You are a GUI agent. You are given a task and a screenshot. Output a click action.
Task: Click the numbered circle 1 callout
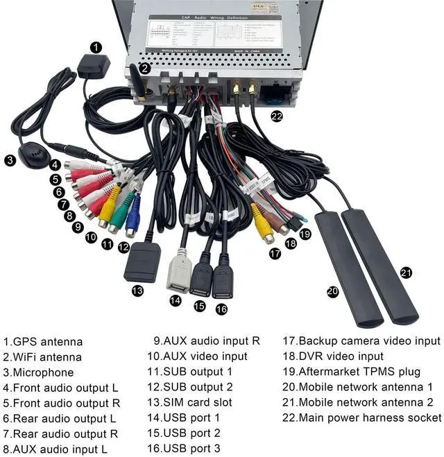[96, 48]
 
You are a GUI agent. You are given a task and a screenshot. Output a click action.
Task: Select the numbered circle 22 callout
[277, 117]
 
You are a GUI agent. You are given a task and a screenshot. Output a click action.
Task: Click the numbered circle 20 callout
[332, 292]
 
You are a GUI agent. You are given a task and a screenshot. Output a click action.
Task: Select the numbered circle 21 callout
[407, 272]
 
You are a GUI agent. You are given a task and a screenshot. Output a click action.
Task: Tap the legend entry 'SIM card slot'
[189, 402]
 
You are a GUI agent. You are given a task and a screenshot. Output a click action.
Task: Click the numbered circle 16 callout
[221, 309]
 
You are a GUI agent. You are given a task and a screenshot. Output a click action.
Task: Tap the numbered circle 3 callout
[10, 160]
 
